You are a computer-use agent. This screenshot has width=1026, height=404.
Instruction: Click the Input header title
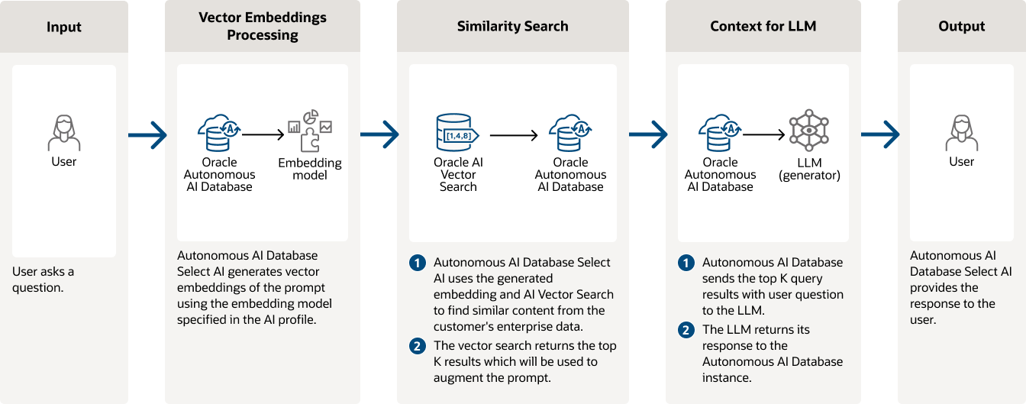click(64, 27)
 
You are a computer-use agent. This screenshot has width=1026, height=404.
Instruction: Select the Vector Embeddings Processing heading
click(262, 26)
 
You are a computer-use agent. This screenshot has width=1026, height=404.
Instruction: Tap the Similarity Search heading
click(512, 27)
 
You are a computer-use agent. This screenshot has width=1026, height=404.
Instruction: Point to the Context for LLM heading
click(763, 27)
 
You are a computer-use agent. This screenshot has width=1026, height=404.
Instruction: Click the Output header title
click(961, 27)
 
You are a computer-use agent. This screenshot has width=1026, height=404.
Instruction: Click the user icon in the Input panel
click(64, 133)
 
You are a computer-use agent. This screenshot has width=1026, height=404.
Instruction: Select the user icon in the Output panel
click(961, 133)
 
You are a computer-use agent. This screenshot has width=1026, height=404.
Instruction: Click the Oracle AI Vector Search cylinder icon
click(457, 134)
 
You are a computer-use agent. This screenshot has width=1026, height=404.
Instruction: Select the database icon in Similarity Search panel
click(570, 134)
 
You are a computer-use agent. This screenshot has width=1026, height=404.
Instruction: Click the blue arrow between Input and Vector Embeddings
click(147, 135)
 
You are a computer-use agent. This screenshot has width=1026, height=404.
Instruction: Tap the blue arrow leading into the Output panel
click(880, 135)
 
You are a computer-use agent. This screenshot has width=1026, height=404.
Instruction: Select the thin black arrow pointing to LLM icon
click(764, 135)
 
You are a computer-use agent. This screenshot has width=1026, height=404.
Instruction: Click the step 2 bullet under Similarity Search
click(417, 346)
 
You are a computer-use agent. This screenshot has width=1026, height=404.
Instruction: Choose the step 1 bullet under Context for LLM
click(686, 263)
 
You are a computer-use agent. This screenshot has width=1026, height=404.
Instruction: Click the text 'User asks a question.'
click(44, 280)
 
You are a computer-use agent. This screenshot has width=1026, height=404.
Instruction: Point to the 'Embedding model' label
click(309, 169)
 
